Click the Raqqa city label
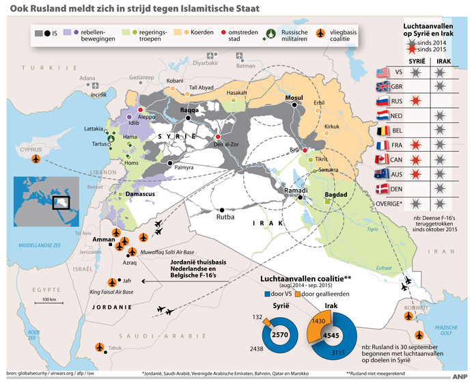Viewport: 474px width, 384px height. [189, 110]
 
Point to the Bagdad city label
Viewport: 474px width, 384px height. [337, 195]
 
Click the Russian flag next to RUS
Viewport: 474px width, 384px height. [382, 100]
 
